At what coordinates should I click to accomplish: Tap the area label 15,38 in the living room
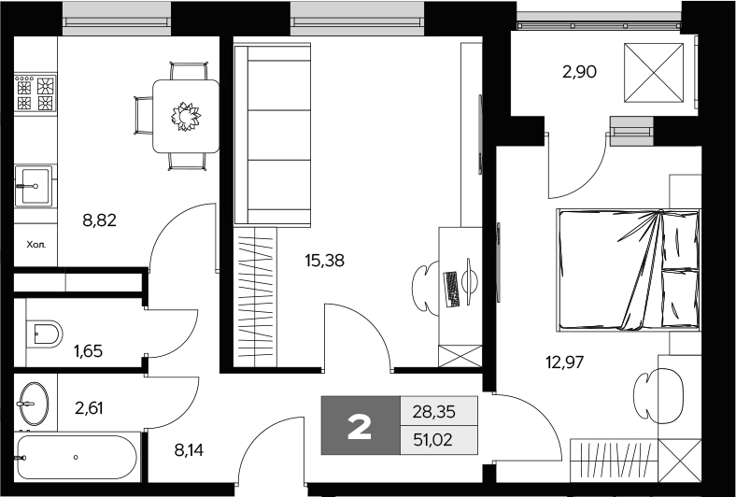coord(323,262)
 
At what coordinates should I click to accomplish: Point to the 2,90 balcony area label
coord(576,70)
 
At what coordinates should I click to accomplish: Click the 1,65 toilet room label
coord(88,351)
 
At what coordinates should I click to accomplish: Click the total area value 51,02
coord(439,440)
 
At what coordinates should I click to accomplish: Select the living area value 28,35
coord(439,410)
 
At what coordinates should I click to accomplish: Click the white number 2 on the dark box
coord(360,426)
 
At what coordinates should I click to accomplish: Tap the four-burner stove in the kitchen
coord(35,94)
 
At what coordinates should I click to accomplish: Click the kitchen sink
coord(35,186)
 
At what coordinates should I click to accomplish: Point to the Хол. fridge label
coord(35,248)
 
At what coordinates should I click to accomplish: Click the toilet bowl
coord(45,332)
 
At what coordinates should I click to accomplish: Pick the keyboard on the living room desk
coord(452,289)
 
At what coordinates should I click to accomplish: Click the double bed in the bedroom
coord(629,269)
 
